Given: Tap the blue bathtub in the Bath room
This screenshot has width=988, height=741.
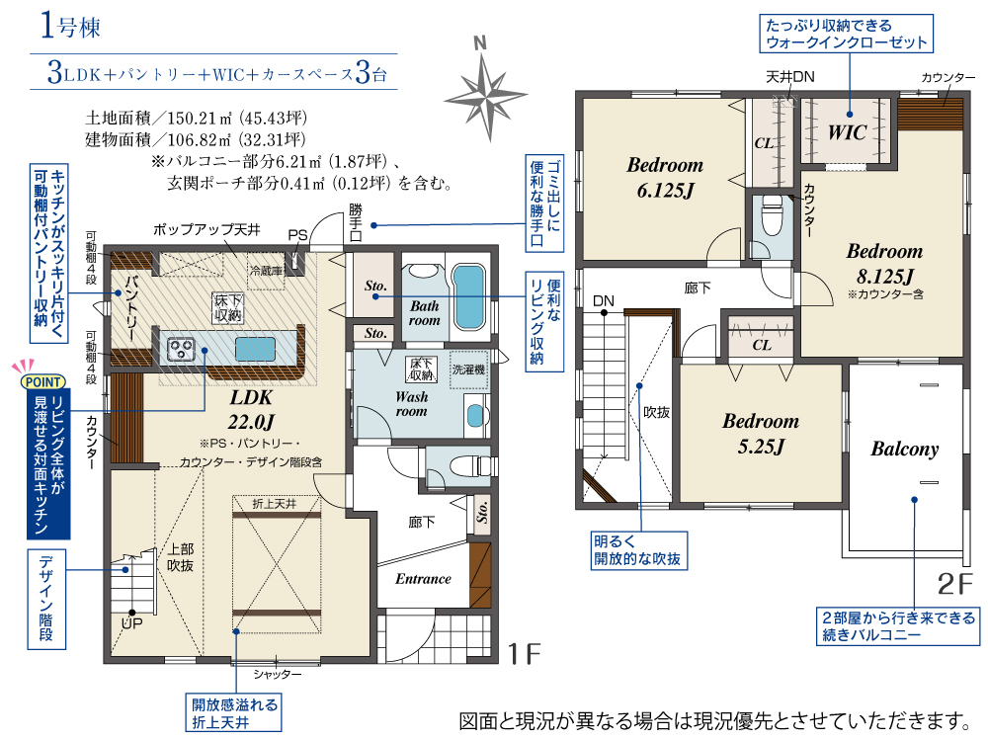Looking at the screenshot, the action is click(469, 296).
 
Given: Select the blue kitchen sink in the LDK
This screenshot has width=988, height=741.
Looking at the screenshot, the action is click(255, 349).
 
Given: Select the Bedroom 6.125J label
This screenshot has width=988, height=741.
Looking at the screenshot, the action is click(665, 177).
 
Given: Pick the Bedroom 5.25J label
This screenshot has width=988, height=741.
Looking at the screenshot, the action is click(761, 434).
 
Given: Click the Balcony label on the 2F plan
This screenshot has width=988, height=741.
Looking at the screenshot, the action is click(904, 449).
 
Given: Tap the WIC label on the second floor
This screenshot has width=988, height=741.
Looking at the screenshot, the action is click(847, 132).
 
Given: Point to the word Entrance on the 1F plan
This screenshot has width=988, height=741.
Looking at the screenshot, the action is click(423, 579).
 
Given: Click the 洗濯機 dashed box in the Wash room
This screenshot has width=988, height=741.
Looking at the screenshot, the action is click(468, 370).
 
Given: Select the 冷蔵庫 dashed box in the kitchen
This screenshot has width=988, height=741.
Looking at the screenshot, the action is click(266, 271).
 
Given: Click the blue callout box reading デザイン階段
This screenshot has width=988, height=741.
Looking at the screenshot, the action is click(46, 600).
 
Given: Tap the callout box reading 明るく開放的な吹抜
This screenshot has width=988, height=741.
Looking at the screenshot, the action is click(637, 550).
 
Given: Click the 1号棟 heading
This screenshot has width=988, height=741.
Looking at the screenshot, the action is click(70, 27).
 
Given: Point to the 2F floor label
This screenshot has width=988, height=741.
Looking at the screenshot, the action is click(955, 584).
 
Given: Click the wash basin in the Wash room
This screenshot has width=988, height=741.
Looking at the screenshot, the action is click(476, 415).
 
